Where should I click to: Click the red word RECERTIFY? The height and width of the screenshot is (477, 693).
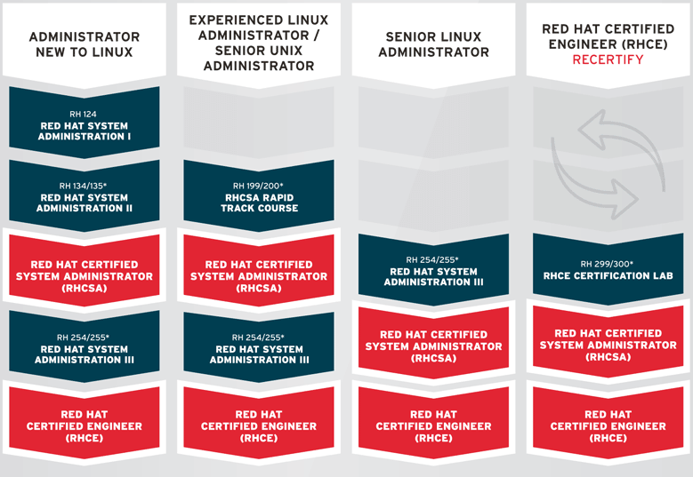[x=608, y=60]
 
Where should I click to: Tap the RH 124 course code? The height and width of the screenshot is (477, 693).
[x=83, y=114]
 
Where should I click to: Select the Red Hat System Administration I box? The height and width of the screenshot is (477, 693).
[x=85, y=123]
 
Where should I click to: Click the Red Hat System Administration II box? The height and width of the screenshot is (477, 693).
[x=85, y=196]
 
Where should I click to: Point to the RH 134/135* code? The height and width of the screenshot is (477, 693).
[x=83, y=186]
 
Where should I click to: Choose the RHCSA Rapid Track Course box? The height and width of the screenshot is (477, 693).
[x=259, y=196]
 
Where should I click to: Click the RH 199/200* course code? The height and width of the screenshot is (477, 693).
[x=258, y=186]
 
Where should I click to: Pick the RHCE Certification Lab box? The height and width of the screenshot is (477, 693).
[x=608, y=269]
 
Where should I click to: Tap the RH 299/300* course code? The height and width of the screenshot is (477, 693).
[x=607, y=264]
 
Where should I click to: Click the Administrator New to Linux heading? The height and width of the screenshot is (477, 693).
[x=85, y=44]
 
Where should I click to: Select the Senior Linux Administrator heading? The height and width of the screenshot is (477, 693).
[x=433, y=44]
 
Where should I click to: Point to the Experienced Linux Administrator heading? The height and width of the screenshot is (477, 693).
[x=259, y=43]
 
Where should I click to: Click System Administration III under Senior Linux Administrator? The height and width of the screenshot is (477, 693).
[x=433, y=270]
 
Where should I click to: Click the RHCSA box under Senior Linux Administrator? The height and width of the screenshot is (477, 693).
[x=433, y=343]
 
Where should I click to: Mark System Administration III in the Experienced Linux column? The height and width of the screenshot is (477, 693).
[x=259, y=347]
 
